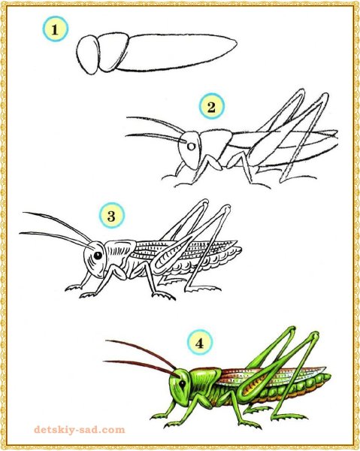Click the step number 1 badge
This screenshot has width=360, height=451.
56,29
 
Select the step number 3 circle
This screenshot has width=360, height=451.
112,216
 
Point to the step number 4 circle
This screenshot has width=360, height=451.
200,342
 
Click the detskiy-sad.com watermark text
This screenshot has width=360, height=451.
80,430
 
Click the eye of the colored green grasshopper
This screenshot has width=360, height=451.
183,383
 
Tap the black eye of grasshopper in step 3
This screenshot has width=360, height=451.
98,256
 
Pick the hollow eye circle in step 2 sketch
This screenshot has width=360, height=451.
191,147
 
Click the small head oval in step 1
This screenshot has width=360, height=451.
88,55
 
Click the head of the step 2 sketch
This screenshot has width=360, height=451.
189,150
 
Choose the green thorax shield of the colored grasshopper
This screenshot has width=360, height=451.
204,379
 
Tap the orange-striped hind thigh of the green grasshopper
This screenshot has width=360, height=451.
259,387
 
